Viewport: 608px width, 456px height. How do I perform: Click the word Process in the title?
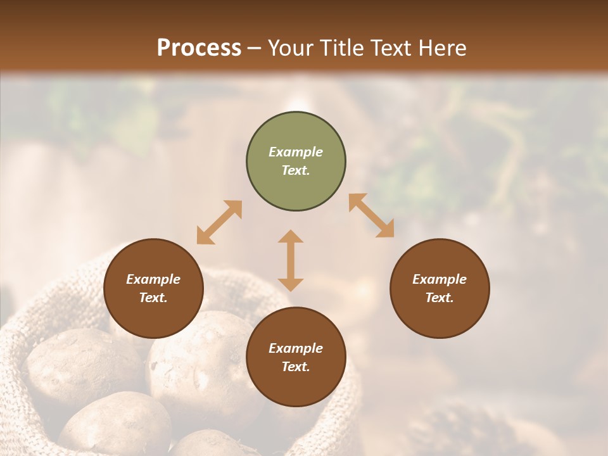click(199, 48)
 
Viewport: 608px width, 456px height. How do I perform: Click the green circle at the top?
click(296, 161)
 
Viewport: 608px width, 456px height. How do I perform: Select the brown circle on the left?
click(153, 289)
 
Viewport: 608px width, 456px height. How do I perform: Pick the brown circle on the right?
click(440, 289)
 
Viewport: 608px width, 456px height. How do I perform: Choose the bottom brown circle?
click(296, 357)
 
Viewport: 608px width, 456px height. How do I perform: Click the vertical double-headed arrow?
click(291, 260)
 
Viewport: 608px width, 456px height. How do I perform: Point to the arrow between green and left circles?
click(219, 222)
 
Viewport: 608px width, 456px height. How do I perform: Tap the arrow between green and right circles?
click(371, 215)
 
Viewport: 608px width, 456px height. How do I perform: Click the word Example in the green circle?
click(296, 152)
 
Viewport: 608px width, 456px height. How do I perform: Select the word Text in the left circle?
click(153, 298)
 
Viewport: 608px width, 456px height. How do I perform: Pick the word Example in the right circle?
click(440, 279)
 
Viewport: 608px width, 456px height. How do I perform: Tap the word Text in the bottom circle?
click(296, 367)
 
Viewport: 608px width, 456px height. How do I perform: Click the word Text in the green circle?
click(296, 170)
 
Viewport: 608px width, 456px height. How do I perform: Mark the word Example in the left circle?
click(153, 279)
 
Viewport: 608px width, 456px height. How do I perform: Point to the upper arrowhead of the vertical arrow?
click(291, 236)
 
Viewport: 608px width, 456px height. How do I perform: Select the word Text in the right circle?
click(440, 298)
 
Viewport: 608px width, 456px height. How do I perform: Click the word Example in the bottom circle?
click(296, 348)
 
